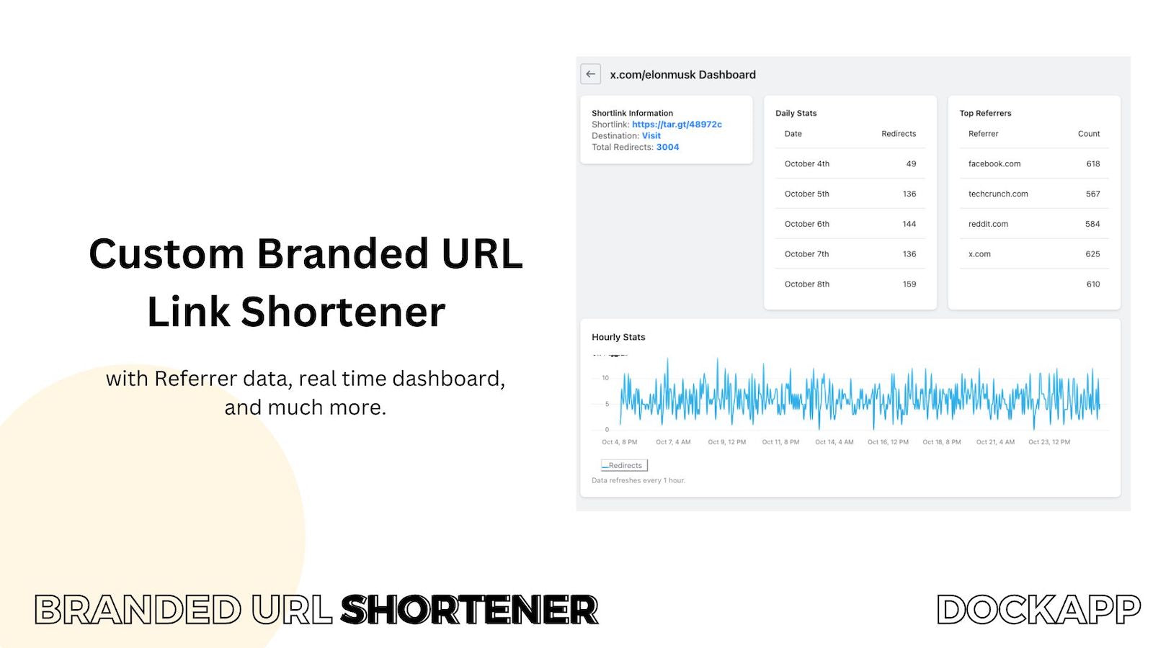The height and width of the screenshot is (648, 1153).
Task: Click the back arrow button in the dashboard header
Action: coord(590,74)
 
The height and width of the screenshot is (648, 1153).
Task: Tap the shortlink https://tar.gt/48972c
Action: coord(677,125)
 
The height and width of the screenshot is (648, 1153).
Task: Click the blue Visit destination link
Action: coord(651,136)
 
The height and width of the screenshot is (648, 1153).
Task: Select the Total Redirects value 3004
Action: coord(667,147)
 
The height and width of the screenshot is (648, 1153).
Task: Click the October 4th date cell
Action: coord(806,163)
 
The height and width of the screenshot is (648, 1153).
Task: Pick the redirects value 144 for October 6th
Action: coord(909,224)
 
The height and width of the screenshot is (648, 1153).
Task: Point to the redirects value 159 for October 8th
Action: coord(909,284)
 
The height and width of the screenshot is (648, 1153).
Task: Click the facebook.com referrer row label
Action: coord(994,163)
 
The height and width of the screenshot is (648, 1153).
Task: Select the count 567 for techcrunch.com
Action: coord(1092,194)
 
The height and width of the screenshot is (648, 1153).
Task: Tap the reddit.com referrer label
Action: coord(988,224)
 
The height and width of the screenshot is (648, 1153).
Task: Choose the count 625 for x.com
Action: coord(1092,254)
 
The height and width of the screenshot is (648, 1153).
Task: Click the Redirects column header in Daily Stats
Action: coord(898,134)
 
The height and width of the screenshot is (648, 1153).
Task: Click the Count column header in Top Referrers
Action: coord(1089,134)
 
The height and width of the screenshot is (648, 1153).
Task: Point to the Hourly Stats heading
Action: coord(618,337)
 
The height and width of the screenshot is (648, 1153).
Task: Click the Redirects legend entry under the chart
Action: coord(624,465)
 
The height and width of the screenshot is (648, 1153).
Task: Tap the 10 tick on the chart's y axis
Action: coord(605,377)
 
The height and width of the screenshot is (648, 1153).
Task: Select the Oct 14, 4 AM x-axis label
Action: coord(834,442)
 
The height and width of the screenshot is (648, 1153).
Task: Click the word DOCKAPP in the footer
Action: coord(1038,609)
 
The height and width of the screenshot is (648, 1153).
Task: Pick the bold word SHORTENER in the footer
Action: coord(469,609)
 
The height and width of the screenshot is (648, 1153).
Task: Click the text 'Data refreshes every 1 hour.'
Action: coord(638,480)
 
